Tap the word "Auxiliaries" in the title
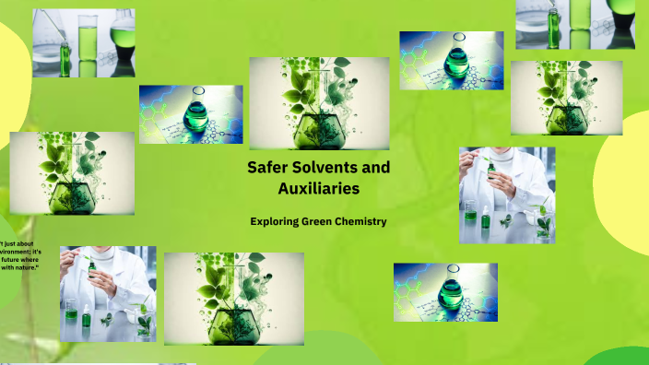318,189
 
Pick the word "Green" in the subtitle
324,221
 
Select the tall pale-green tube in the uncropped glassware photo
88,41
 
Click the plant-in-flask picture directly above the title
319,102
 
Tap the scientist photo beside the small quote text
108,294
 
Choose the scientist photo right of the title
506,195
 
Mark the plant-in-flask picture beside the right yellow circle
566,98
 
